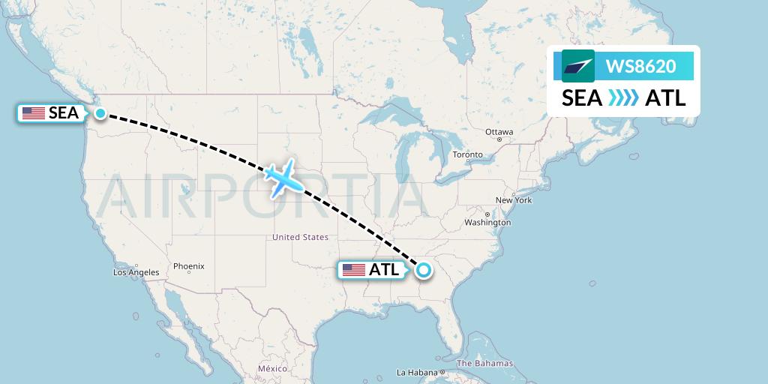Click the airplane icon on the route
[282, 177]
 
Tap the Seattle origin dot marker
[100, 113]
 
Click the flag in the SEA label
[33, 113]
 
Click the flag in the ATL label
[353, 270]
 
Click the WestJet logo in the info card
[577, 66]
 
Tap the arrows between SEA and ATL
[623, 98]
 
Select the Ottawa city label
[499, 132]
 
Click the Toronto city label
[467, 155]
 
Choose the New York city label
[514, 200]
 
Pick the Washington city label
[487, 223]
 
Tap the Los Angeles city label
[136, 272]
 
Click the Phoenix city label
[188, 266]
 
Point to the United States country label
[300, 237]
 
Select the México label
[272, 369]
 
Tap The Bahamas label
[485, 364]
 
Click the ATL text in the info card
[665, 98]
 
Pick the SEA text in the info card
[582, 98]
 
